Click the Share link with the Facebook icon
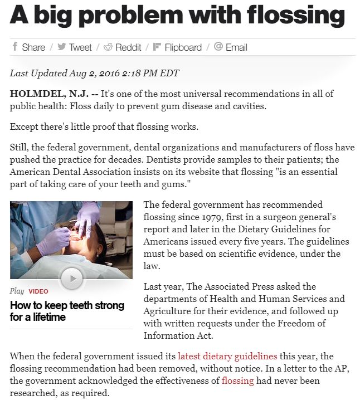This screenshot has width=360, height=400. click(x=28, y=47)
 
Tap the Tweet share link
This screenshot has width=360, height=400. click(x=74, y=47)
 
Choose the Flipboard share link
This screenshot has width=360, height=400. click(x=177, y=47)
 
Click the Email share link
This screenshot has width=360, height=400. click(x=231, y=47)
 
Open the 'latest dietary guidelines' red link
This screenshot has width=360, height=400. click(x=227, y=356)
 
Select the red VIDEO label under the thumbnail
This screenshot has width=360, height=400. click(x=38, y=291)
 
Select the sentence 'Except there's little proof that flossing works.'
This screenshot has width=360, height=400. click(x=104, y=126)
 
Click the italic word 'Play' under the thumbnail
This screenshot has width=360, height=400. click(x=17, y=291)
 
